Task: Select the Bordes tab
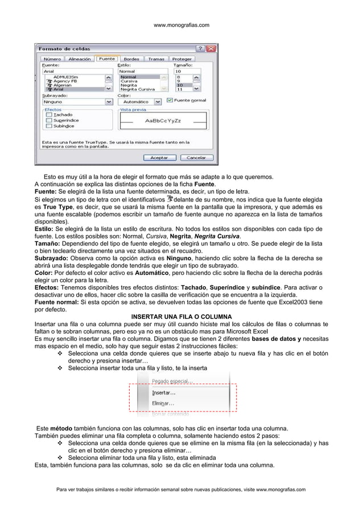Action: (x=131, y=59)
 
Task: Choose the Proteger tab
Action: (x=182, y=59)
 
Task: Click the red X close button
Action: (x=211, y=48)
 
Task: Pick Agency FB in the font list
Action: (x=66, y=81)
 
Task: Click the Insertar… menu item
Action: (x=164, y=392)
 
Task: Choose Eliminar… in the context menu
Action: (x=164, y=403)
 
